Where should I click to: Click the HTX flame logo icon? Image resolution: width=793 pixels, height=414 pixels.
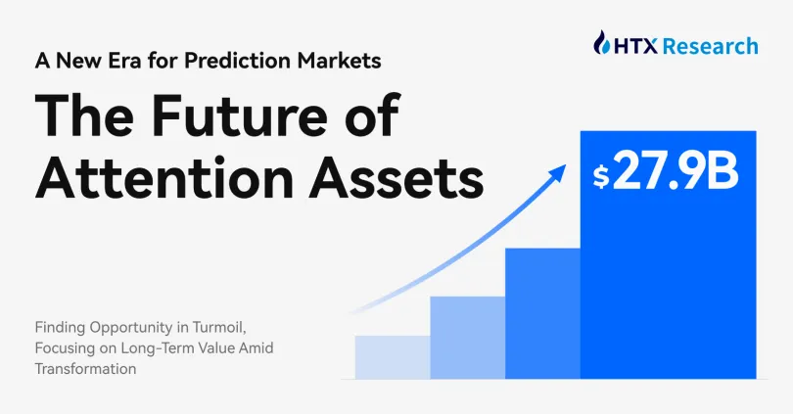[x=604, y=43]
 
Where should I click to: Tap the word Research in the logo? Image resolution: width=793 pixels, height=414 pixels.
[x=710, y=45]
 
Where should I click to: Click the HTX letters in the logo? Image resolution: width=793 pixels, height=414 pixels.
[x=636, y=45]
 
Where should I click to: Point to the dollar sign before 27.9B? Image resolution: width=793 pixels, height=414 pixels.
[x=601, y=177]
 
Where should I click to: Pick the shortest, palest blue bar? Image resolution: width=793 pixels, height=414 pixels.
[x=392, y=356]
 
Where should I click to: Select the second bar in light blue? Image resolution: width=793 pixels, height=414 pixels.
[x=467, y=337]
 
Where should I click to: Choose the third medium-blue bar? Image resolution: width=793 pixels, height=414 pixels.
[x=542, y=313]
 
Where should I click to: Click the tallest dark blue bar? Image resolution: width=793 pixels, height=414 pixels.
[x=668, y=294]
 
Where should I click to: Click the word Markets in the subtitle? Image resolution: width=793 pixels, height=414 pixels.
[x=338, y=60]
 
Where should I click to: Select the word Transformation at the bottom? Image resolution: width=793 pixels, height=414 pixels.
[x=86, y=370]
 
